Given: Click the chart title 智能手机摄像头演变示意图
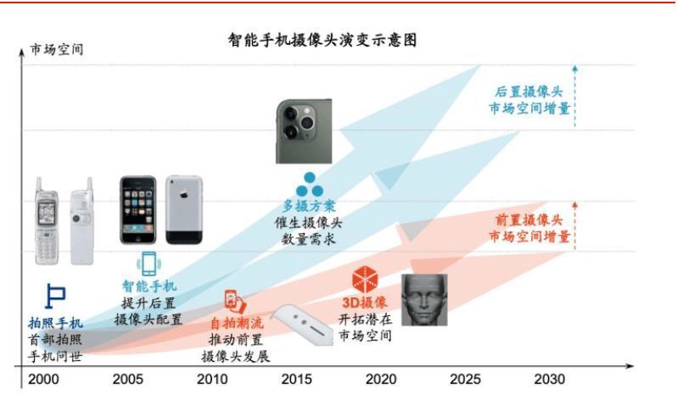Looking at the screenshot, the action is tap(322, 40).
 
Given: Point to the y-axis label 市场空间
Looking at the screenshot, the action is tap(57, 49).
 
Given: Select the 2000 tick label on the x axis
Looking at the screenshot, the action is tap(43, 379).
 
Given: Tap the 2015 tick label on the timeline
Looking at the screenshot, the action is tap(297, 379).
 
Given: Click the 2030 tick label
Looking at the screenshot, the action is tap(549, 379).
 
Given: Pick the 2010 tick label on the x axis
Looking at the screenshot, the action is tap(212, 379).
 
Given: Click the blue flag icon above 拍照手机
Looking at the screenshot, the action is tap(55, 297).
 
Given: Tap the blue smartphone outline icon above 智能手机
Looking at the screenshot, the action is tap(149, 264).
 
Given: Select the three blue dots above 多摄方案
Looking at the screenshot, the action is tap(310, 185).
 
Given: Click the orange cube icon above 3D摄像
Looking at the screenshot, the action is tap(365, 280).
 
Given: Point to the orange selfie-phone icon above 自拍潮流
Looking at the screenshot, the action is tap(235, 302).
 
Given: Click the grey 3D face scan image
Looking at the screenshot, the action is tap(424, 300).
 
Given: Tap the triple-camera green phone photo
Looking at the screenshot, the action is tap(304, 131).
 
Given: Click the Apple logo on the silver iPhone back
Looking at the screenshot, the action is tap(184, 195).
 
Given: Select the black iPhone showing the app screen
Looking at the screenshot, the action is tap(138, 210).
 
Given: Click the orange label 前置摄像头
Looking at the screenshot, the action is tap(529, 220).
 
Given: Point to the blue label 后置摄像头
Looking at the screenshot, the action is tap(529, 92).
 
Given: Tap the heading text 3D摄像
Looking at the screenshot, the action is tap(365, 303).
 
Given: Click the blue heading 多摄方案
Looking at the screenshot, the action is tap(309, 206).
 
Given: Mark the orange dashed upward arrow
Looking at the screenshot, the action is tap(574, 226).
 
